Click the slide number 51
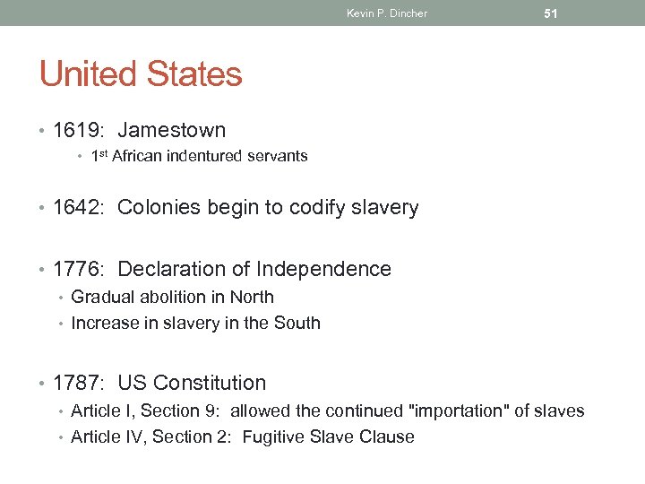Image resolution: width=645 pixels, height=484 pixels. point(551,13)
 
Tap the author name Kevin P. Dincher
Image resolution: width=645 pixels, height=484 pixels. point(387,13)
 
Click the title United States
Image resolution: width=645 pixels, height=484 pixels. point(141,73)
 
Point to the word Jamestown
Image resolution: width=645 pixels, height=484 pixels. point(171,131)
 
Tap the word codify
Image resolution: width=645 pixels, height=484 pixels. point(309,208)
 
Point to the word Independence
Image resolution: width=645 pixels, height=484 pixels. point(323,269)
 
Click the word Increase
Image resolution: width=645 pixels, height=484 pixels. point(104,323)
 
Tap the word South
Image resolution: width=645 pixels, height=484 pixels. point(298,323)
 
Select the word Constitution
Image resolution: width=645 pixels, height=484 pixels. point(210,383)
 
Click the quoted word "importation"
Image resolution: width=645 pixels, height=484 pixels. point(451,411)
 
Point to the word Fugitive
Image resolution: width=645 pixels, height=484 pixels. point(277,437)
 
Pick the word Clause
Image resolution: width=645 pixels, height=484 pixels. point(391,437)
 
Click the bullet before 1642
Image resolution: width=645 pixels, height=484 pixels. point(43,209)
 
